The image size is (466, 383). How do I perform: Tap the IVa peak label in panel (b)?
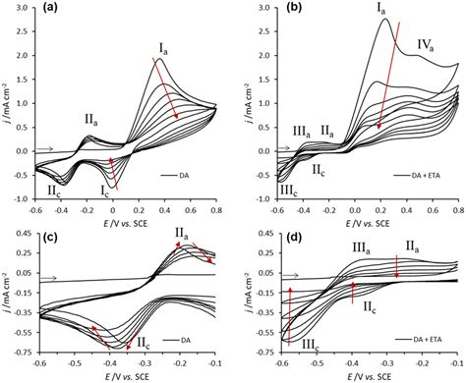[x=425, y=43]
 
